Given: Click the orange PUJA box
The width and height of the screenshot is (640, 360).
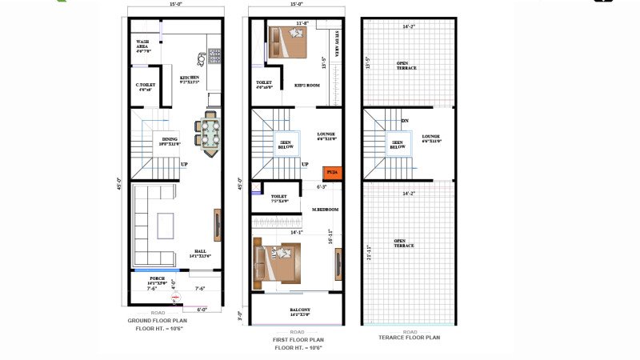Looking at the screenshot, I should pos(330,172).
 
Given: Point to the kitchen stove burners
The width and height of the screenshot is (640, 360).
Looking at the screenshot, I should pos(214,55).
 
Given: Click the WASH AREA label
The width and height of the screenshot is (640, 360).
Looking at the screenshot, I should pos(143,45).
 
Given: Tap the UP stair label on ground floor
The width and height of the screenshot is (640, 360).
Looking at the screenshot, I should pos(184,165).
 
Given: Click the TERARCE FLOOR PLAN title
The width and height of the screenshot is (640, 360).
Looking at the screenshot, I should pos(410,338).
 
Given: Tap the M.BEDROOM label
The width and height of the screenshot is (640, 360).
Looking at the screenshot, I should pos(326,210).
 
